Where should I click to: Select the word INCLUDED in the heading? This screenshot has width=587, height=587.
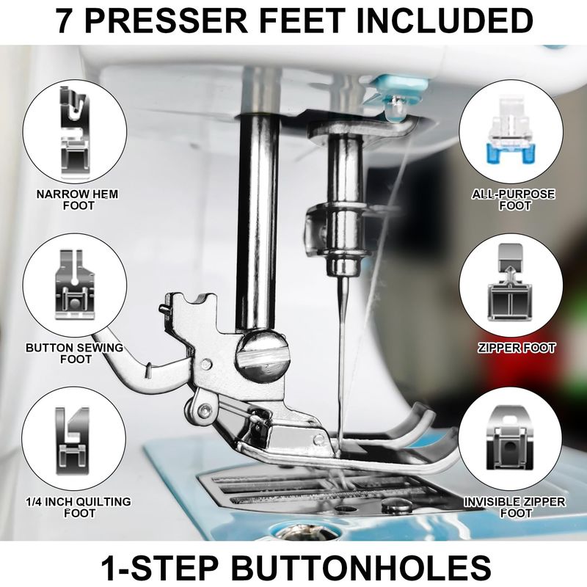click(445, 21)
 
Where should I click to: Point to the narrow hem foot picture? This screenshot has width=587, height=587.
click(75, 131)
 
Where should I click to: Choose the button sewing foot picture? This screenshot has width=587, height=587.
click(75, 285)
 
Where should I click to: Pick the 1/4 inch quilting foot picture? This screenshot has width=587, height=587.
click(73, 440)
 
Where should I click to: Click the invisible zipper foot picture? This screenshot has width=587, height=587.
click(510, 438)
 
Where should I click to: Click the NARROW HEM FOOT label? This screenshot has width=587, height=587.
click(78, 200)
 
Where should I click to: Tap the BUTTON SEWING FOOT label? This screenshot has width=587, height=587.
click(75, 354)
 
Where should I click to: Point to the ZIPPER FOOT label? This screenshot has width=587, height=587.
click(517, 348)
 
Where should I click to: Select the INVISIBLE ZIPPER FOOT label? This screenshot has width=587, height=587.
click(515, 507)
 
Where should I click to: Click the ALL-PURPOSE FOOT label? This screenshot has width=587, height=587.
click(514, 200)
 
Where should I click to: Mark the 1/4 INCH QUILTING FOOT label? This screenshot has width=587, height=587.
click(79, 507)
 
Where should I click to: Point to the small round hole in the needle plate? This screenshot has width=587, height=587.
click(346, 508)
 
